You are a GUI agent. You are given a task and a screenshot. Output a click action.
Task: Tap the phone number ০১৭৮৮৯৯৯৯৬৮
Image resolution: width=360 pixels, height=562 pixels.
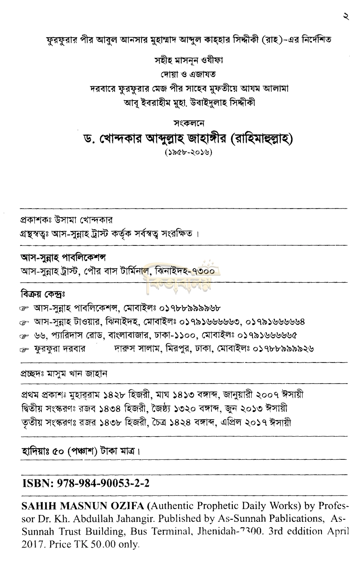(186, 308)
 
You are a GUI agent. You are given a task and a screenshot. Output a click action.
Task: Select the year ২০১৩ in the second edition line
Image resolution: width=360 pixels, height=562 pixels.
(249, 408)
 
